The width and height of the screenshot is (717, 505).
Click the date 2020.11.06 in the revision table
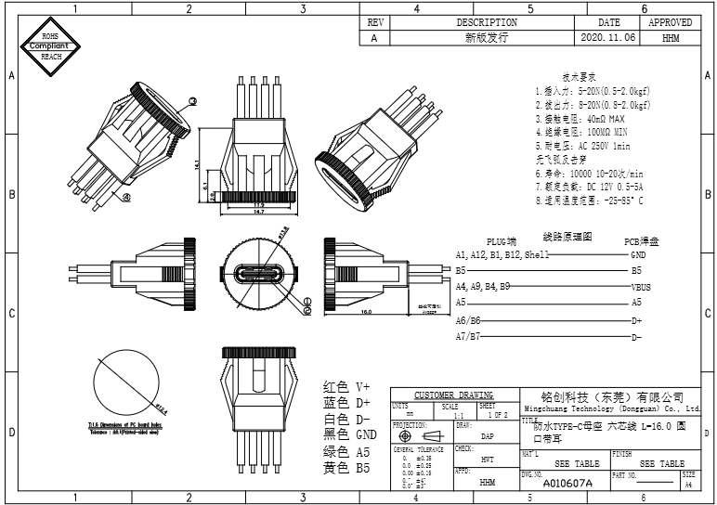(x=608, y=38)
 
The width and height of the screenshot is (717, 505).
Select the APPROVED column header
(x=670, y=22)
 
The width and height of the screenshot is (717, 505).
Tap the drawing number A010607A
(x=567, y=484)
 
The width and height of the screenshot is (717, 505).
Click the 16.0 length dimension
(x=366, y=313)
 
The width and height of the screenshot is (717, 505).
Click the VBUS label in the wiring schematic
(x=641, y=287)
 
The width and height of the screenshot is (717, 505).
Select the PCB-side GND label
(x=638, y=254)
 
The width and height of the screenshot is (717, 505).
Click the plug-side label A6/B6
(x=467, y=320)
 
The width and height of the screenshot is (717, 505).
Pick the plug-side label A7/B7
(x=467, y=336)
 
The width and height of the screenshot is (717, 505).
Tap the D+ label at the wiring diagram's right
(x=637, y=320)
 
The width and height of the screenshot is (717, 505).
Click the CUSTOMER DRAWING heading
(x=453, y=395)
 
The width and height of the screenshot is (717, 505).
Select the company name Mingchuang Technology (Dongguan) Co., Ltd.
(x=607, y=408)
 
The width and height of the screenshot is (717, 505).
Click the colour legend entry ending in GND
(x=349, y=434)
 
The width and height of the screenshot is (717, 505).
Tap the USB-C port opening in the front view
(x=260, y=276)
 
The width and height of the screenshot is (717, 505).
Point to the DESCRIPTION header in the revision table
(x=486, y=22)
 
